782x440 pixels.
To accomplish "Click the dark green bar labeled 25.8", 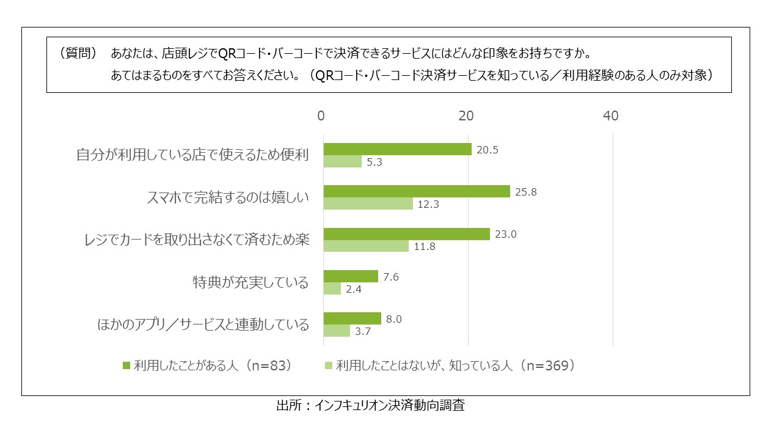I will (416, 191).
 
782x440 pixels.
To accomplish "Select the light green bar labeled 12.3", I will (368, 204).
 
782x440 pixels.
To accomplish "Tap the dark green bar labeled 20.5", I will (397, 149).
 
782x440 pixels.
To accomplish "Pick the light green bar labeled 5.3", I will (342, 161).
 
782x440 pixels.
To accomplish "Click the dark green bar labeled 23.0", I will (406, 234).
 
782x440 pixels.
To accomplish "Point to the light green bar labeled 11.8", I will (366, 246).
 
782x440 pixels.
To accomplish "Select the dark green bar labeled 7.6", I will (351, 276).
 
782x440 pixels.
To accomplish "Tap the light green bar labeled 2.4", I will (332, 288).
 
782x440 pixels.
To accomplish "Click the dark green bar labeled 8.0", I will (352, 318).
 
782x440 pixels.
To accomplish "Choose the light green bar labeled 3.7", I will (337, 331).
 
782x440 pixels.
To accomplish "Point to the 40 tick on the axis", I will (610, 116).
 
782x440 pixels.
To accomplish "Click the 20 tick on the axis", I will (467, 116).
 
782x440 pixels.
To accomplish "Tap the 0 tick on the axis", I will (322, 116).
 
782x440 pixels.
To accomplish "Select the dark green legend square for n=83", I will (126, 365).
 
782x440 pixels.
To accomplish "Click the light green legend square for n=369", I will (329, 365).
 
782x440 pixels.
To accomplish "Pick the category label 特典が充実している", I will (250, 282).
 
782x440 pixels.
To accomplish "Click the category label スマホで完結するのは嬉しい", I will (228, 197).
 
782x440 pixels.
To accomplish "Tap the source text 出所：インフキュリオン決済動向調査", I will (370, 406).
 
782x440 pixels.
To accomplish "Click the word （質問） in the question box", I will (78, 53).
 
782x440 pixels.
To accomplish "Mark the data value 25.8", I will (526, 192).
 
